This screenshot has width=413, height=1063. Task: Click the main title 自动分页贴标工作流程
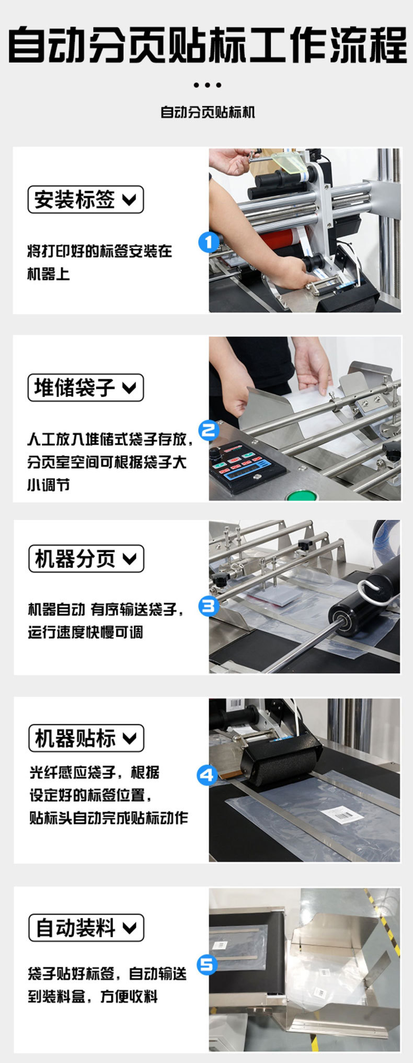click(x=206, y=46)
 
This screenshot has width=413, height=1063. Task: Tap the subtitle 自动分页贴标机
click(x=207, y=112)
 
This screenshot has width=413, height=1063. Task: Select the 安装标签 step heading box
click(x=85, y=199)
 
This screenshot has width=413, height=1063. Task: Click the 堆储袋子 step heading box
click(x=85, y=388)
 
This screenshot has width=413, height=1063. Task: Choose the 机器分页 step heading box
click(x=86, y=559)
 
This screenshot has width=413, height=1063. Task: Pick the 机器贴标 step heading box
click(x=86, y=738)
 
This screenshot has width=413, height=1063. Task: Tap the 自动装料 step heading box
click(x=86, y=928)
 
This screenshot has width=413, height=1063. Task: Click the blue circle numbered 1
click(x=209, y=242)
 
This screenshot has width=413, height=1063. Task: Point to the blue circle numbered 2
click(x=209, y=430)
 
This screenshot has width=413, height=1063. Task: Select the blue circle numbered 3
click(x=209, y=606)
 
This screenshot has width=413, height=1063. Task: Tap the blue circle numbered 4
click(x=207, y=775)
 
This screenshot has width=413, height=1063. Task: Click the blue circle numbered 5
click(x=207, y=964)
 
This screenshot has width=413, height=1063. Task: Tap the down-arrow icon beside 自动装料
click(x=129, y=928)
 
